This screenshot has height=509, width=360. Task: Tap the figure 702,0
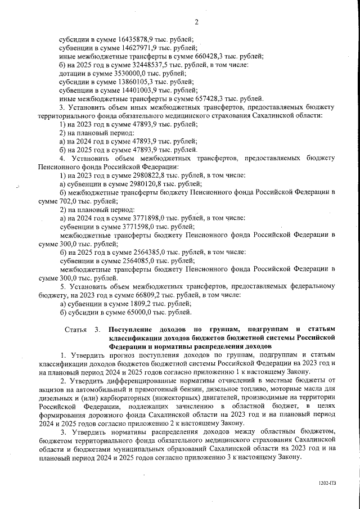[x=70, y=201]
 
